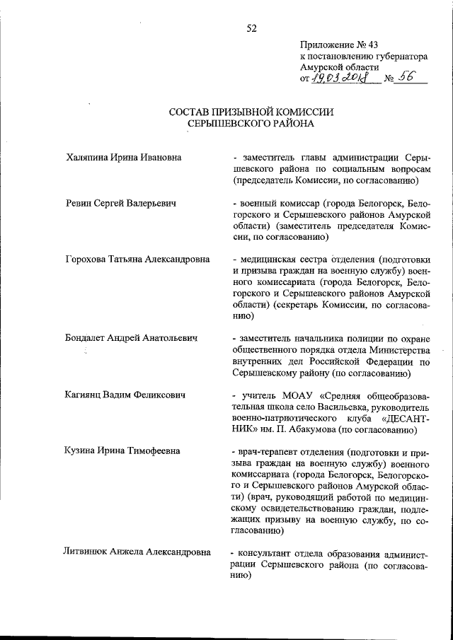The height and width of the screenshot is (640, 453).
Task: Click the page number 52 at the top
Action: [x=251, y=28]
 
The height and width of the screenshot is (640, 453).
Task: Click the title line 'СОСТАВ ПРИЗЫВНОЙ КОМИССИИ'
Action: [x=251, y=112]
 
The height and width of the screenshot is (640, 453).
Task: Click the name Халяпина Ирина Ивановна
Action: [x=122, y=156]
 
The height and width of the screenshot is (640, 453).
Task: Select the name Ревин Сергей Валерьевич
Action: [x=120, y=204]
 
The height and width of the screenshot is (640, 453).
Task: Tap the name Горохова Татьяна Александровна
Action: [x=137, y=260]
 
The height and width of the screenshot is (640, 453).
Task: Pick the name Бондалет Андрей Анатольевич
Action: [x=130, y=337]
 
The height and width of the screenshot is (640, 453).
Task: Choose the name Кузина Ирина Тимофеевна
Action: [x=122, y=450]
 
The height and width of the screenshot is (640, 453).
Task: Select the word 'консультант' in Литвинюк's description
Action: [x=266, y=553]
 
